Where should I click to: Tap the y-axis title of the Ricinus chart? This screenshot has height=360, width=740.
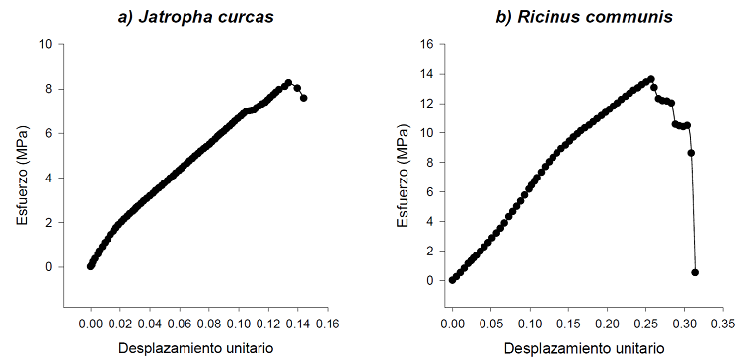click(404, 178)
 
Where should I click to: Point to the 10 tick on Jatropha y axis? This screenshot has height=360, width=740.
click(46, 44)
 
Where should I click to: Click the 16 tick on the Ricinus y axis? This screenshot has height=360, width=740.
click(426, 44)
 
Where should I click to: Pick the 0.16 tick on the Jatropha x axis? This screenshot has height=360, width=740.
click(328, 323)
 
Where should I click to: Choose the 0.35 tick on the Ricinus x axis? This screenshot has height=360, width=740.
click(723, 323)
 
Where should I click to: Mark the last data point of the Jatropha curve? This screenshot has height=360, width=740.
click(303, 98)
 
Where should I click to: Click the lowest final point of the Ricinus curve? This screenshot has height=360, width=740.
click(695, 272)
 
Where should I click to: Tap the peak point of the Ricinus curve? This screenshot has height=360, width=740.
click(651, 79)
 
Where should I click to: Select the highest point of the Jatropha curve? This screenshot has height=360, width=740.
click(288, 83)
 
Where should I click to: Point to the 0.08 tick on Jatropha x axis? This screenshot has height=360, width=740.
click(209, 323)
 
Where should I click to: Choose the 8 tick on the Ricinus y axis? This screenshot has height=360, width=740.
click(429, 163)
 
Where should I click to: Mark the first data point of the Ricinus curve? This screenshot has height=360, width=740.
click(452, 280)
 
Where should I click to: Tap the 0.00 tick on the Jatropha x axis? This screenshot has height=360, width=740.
click(91, 323)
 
